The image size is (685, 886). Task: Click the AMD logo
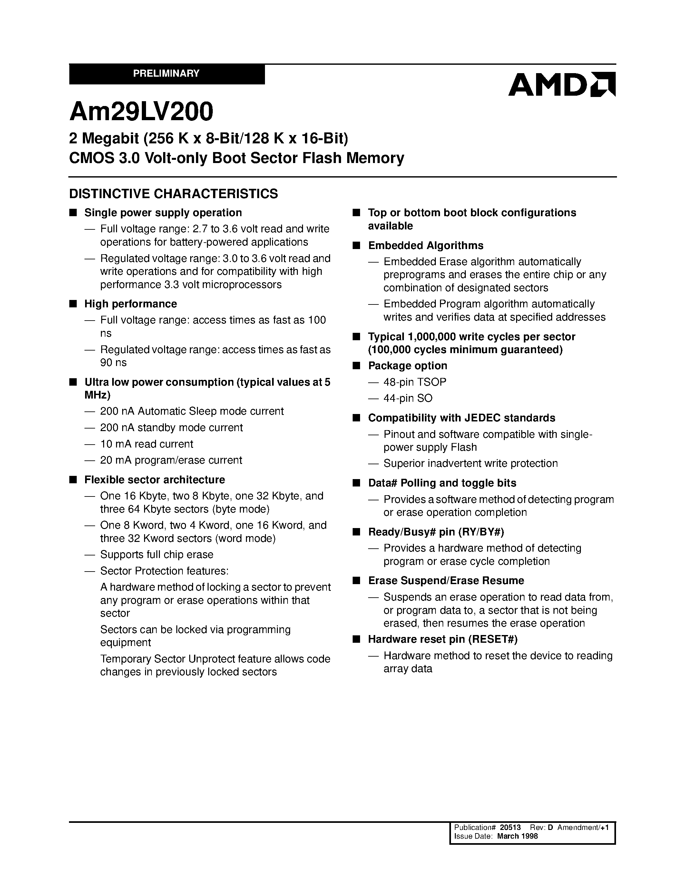coord(562,84)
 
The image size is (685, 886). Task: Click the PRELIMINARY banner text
coord(166,73)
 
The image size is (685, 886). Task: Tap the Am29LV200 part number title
coord(141,112)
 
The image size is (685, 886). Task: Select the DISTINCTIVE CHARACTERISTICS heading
coord(173,194)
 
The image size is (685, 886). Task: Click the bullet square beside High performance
coord(73,304)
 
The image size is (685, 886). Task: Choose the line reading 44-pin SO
coord(407,398)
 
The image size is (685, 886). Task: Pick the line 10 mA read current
coord(146,444)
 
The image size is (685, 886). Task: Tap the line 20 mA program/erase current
coord(171,460)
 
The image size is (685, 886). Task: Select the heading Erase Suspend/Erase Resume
coord(446,581)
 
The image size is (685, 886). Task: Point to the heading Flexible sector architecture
coord(155,479)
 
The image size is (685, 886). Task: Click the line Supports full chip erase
coord(157,554)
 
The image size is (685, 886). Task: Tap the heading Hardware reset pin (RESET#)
coord(443,639)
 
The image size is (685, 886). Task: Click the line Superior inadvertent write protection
coord(470,463)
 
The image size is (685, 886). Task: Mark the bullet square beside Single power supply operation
coord(73,213)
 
